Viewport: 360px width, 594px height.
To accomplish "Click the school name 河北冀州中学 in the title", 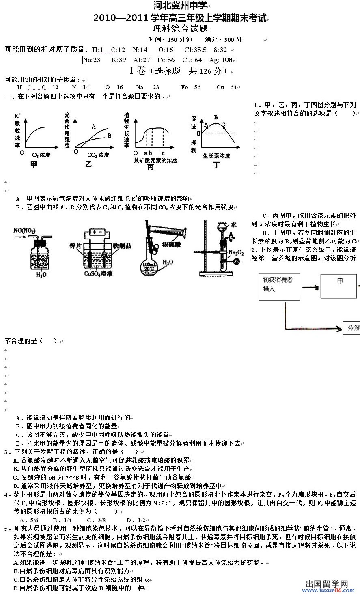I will pos(180,6).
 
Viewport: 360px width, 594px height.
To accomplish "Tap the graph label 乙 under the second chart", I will pos(88,164).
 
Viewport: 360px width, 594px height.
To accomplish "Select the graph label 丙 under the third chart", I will pos(150,167).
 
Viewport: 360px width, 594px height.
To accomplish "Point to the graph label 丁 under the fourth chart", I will pos(216,165).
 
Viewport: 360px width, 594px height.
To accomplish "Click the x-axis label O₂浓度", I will pos(41,155).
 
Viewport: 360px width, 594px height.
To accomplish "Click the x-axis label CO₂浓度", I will pos(98,155).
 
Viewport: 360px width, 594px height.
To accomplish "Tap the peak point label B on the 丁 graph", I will pos(216,118).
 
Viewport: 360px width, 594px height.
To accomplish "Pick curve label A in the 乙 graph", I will pos(93,126).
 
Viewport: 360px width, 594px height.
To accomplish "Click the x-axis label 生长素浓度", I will pos(216,156).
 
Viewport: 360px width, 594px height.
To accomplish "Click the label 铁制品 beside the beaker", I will pos(122,245).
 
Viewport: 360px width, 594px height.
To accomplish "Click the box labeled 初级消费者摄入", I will pos(279,286).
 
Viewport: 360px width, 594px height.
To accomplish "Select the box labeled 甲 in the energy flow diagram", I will pos(339,286).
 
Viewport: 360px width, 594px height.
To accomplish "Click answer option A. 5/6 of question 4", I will pos(29,520).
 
